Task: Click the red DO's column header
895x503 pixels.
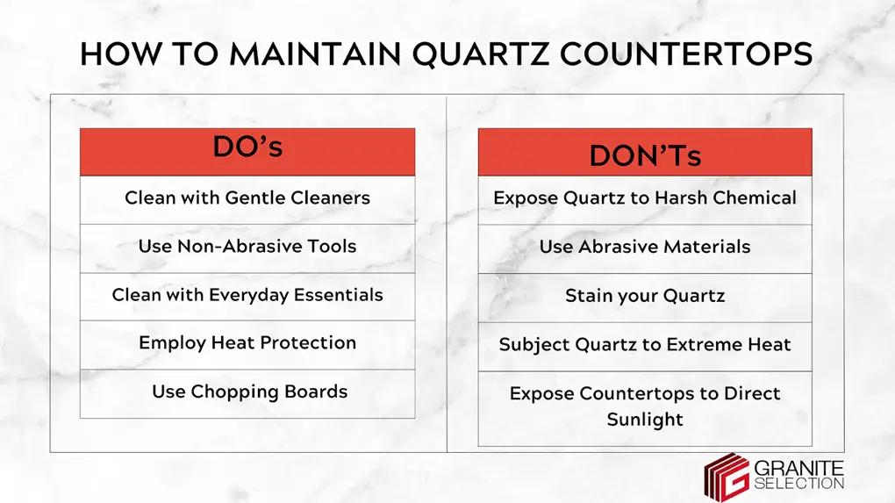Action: (247, 151)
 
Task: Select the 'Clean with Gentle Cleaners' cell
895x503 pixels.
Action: (247, 198)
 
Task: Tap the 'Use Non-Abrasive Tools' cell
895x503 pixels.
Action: (247, 247)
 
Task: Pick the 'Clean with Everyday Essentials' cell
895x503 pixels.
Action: (247, 295)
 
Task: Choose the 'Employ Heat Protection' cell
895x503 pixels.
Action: (247, 343)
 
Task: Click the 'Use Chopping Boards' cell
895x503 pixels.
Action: (247, 392)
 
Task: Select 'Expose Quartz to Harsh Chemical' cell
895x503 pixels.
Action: (645, 198)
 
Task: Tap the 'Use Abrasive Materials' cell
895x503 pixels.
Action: (645, 248)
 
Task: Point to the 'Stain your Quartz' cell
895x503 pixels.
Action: (645, 296)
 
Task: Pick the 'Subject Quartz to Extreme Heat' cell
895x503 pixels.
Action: (645, 345)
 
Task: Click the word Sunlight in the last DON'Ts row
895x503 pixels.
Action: (645, 420)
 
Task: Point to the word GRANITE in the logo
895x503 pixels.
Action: (798, 467)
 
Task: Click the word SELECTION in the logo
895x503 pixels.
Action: (798, 484)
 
